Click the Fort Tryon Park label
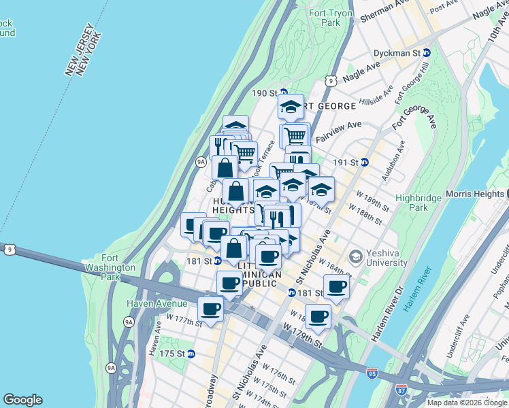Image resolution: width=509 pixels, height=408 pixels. tap(331, 18)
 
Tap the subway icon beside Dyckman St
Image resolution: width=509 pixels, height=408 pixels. tap(427, 52)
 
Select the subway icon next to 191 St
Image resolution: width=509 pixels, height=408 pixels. tap(364, 163)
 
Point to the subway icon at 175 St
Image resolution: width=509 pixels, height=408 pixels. tap(191, 354)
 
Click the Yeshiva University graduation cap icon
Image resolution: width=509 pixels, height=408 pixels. tap(355, 257)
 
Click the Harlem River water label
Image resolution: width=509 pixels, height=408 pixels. tap(416, 290)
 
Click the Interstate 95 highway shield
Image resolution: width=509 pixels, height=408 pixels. tap(371, 373)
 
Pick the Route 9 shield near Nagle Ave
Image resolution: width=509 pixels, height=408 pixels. tap(331, 80)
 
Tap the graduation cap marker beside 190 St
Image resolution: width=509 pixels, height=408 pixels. tap(291, 107)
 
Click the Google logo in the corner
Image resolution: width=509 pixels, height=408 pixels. tap(22, 400)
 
